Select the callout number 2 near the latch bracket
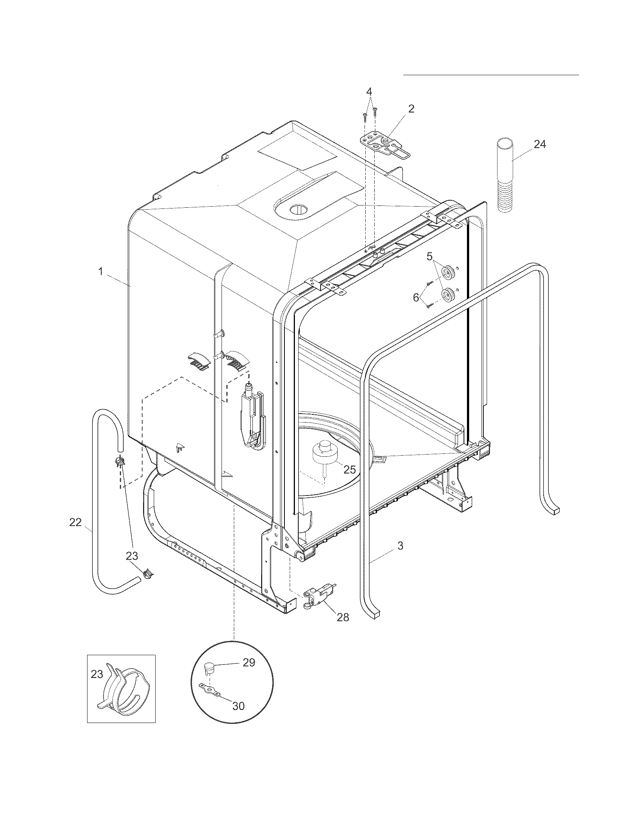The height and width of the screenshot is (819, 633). (411, 109)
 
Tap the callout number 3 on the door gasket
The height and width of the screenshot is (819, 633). (400, 546)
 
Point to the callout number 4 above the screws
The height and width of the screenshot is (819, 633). (369, 91)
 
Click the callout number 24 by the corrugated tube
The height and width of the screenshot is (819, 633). (540, 144)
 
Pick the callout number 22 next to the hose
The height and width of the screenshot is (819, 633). (75, 522)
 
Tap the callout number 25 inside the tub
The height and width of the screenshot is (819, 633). (350, 469)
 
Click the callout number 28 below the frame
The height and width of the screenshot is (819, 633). (343, 617)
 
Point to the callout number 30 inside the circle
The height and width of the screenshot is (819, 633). (239, 706)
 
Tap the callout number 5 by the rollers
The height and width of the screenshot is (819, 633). (429, 257)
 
